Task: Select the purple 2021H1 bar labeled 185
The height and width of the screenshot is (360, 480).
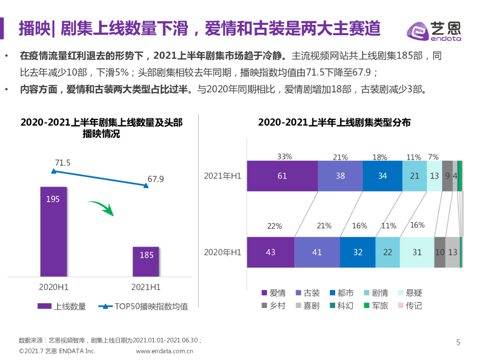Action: click(146, 261)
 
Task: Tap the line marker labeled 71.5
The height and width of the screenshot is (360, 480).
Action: click(53, 172)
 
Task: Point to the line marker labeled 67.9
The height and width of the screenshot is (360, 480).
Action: click(146, 186)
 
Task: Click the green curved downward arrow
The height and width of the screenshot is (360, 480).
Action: click(102, 208)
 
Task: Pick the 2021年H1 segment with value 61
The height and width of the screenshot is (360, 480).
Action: click(282, 176)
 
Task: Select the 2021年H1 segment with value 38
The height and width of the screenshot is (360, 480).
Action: click(340, 176)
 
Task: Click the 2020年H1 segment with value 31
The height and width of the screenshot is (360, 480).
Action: click(417, 252)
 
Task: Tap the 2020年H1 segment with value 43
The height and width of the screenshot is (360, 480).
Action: click(270, 252)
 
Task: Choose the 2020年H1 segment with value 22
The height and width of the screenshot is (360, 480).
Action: click(388, 252)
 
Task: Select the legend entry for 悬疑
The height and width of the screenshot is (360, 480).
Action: click(410, 293)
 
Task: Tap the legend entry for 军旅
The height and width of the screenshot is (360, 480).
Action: click(376, 306)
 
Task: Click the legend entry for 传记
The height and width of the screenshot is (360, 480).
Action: click(410, 306)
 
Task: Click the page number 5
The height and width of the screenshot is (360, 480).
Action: click(458, 343)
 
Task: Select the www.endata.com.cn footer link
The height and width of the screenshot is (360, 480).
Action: click(165, 351)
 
